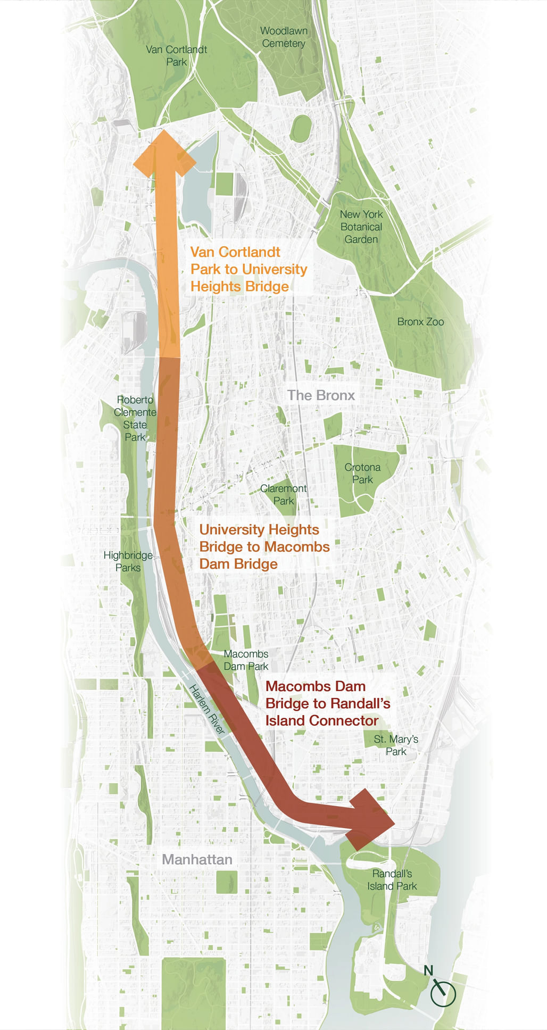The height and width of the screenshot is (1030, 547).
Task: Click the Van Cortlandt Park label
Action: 176,55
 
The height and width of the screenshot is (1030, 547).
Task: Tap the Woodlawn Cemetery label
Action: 284,37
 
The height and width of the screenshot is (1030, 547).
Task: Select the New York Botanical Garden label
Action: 361,227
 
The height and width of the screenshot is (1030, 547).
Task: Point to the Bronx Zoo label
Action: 420,321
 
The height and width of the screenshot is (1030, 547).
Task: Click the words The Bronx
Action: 321,395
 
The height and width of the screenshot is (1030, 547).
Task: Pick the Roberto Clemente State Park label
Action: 135,418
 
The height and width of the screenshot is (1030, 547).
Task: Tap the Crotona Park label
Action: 362,473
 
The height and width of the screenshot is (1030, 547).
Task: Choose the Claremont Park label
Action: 283,494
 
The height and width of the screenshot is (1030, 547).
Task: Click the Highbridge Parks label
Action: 128,561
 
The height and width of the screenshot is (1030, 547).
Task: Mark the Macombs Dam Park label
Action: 246,660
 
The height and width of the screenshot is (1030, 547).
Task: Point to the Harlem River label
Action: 207,710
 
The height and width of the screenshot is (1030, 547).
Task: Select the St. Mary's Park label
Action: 396,745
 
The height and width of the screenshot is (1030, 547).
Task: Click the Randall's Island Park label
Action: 392,879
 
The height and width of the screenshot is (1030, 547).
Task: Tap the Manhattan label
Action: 197,859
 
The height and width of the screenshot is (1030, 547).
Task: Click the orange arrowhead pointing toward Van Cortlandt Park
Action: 164,154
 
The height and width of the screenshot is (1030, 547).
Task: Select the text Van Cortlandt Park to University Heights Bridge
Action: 248,269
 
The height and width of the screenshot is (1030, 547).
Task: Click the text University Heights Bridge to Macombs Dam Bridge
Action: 264,546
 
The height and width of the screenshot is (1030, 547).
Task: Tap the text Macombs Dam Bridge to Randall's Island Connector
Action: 327,703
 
